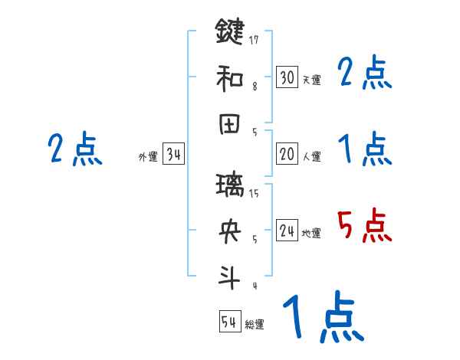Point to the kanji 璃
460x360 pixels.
click(x=230, y=186)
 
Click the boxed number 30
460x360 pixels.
click(x=287, y=77)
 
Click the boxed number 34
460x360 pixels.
click(x=174, y=155)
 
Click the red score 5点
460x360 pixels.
click(x=365, y=227)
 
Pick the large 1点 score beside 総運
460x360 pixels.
click(x=322, y=318)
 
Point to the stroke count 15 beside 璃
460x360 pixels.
click(x=254, y=194)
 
